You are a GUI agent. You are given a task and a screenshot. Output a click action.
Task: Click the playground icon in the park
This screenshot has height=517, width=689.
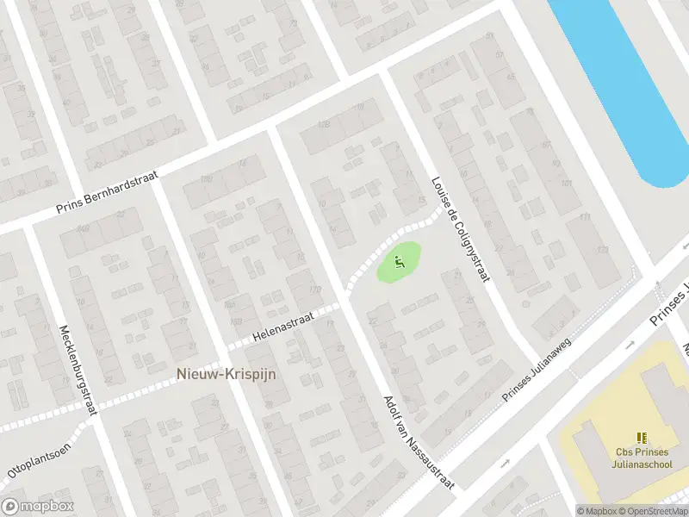click(398, 260)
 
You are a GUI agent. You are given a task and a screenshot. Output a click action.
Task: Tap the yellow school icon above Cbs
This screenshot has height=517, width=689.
click(641, 439)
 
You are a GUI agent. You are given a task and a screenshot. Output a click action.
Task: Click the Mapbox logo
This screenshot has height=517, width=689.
click(37, 507)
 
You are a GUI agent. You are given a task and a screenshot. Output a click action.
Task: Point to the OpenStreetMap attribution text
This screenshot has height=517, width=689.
click(655, 511)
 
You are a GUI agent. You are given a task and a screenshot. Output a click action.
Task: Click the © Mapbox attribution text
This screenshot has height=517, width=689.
click(597, 511)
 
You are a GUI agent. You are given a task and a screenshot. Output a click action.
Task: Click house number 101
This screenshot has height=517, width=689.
click(566, 184)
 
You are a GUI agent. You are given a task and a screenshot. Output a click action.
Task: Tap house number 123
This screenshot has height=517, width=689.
click(601, 249)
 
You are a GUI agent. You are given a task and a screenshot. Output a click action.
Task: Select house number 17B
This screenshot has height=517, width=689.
click(206, 179)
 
